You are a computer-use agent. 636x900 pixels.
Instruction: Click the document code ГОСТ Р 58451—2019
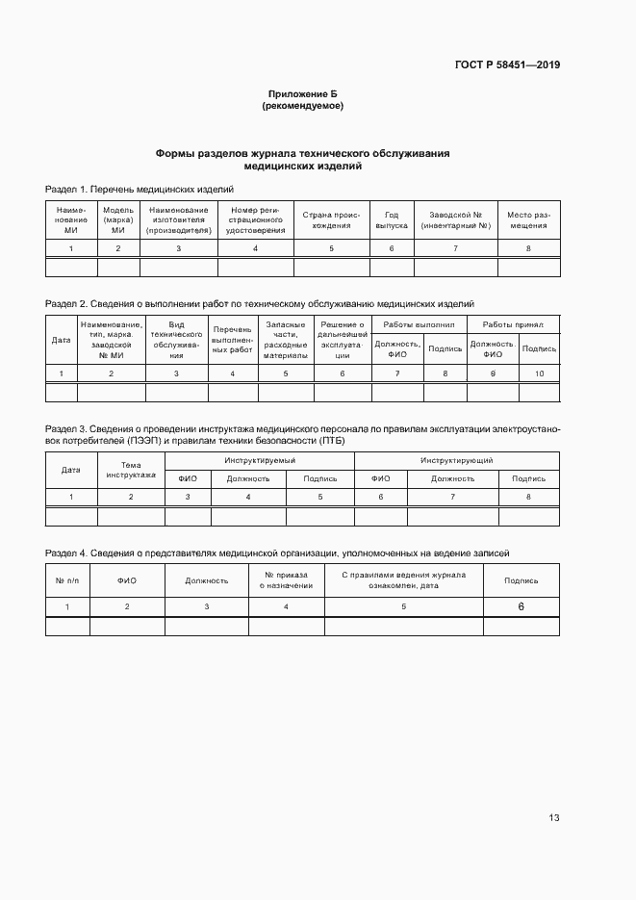tap(506, 65)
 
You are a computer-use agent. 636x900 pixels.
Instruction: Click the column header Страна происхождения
tap(331, 220)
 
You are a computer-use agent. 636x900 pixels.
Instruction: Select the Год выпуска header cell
tap(391, 220)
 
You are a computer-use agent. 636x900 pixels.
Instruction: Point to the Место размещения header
tap(527, 220)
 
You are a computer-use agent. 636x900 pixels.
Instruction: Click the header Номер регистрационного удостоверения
tap(255, 220)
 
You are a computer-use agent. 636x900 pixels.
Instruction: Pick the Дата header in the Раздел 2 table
tap(61, 340)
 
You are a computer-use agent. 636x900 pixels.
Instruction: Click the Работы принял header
tap(513, 325)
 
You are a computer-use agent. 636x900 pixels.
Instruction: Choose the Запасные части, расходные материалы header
tap(285, 340)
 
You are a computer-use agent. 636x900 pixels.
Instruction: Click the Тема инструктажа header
tap(131, 470)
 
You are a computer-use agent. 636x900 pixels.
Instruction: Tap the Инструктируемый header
tap(260, 462)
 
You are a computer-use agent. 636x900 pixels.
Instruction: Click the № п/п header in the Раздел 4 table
tap(67, 580)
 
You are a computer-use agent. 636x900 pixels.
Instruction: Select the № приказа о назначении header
tap(286, 580)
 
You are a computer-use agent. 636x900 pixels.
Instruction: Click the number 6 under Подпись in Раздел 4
tap(521, 607)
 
